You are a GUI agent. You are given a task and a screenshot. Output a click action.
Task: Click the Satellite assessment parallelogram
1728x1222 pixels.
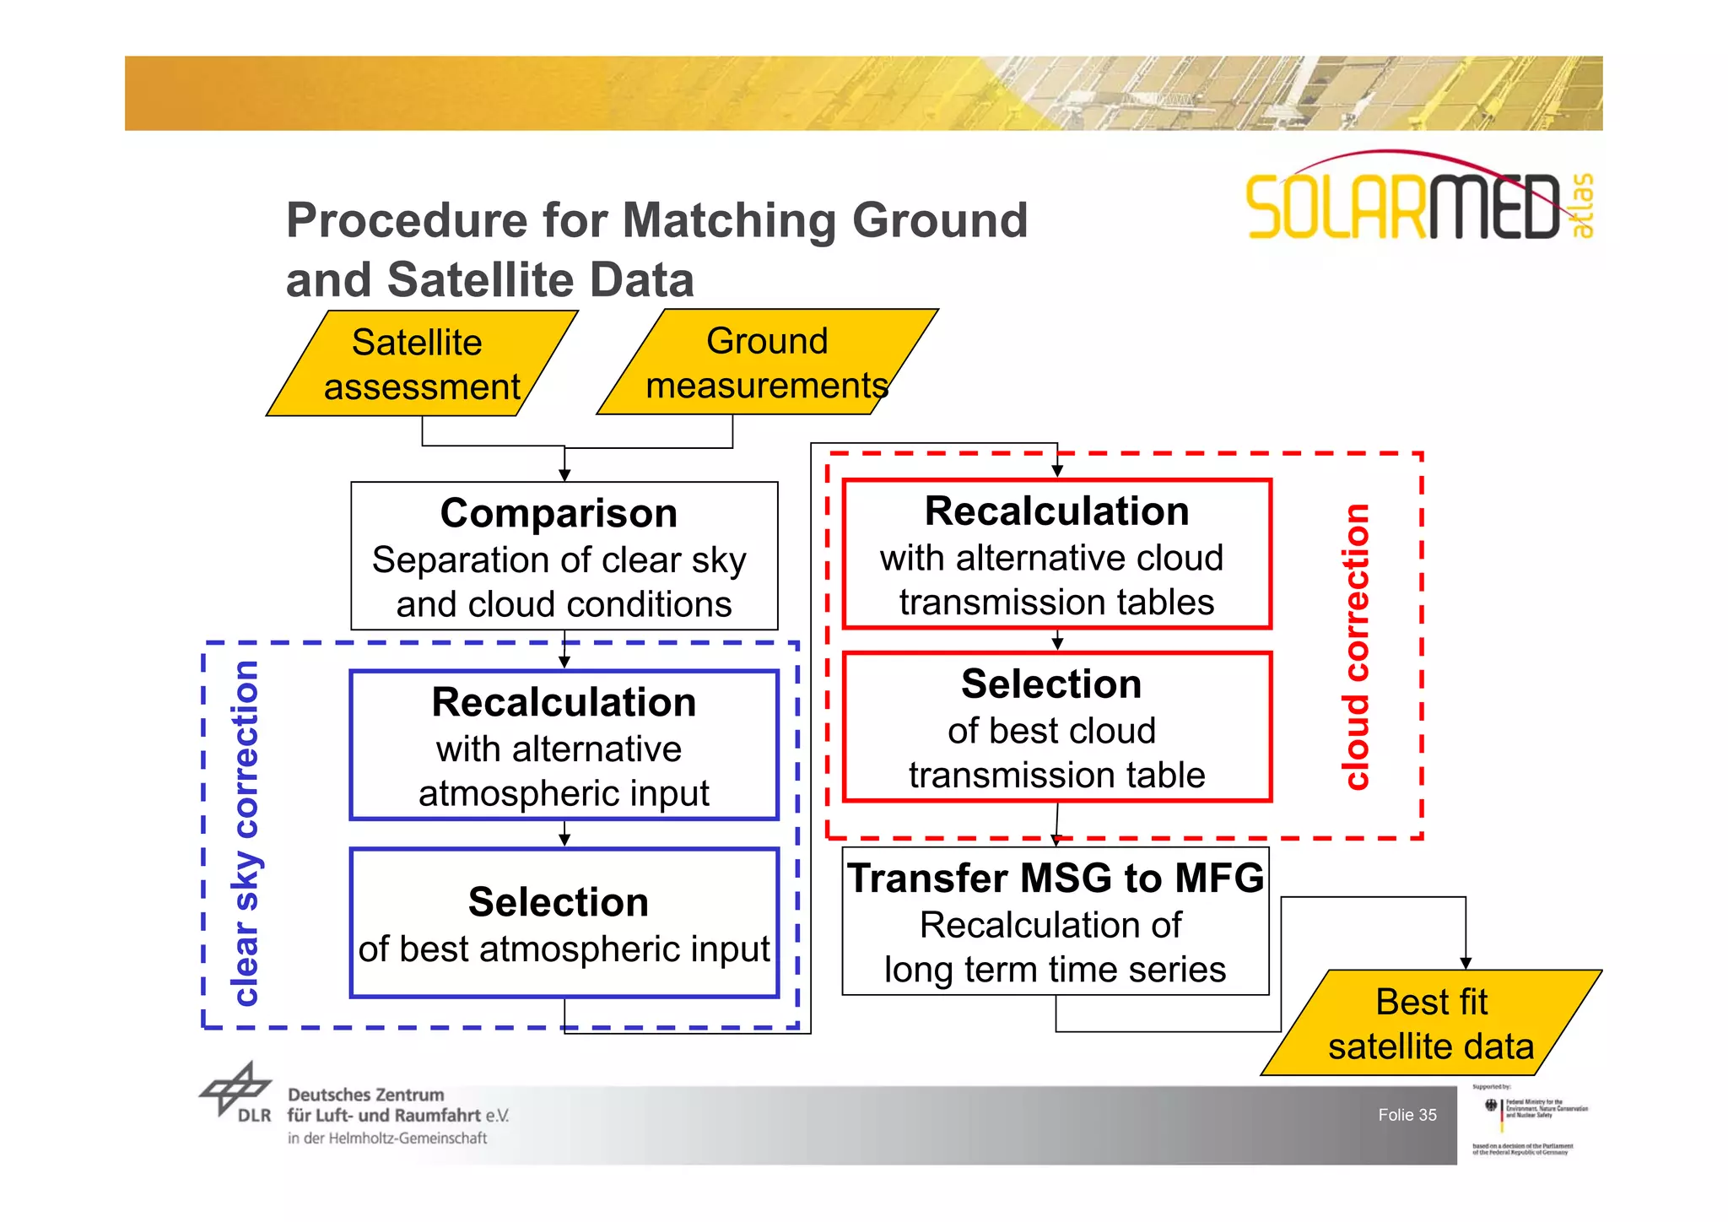click(x=422, y=365)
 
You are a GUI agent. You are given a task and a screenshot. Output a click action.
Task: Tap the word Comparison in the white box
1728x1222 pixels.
click(x=559, y=513)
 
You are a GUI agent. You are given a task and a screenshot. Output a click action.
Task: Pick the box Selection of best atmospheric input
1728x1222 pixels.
click(x=564, y=923)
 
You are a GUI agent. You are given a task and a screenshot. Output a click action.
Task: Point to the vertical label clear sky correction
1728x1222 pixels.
click(x=245, y=834)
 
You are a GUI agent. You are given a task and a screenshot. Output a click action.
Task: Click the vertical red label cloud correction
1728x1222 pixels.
click(x=1356, y=646)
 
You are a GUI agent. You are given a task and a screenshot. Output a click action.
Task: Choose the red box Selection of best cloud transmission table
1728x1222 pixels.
click(x=1056, y=727)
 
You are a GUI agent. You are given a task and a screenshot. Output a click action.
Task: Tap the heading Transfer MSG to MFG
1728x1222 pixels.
click(x=1056, y=878)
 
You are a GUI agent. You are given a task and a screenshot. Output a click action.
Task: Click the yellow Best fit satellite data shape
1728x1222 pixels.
click(x=1431, y=1023)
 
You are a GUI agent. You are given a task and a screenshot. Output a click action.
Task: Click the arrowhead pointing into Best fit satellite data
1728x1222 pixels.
click(x=1466, y=963)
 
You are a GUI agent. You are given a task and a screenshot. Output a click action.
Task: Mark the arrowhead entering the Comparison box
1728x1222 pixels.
click(x=564, y=475)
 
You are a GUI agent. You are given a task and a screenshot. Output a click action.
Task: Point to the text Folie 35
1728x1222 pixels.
click(x=1407, y=1115)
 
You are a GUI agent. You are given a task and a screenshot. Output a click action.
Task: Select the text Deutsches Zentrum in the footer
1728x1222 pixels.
click(x=365, y=1095)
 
